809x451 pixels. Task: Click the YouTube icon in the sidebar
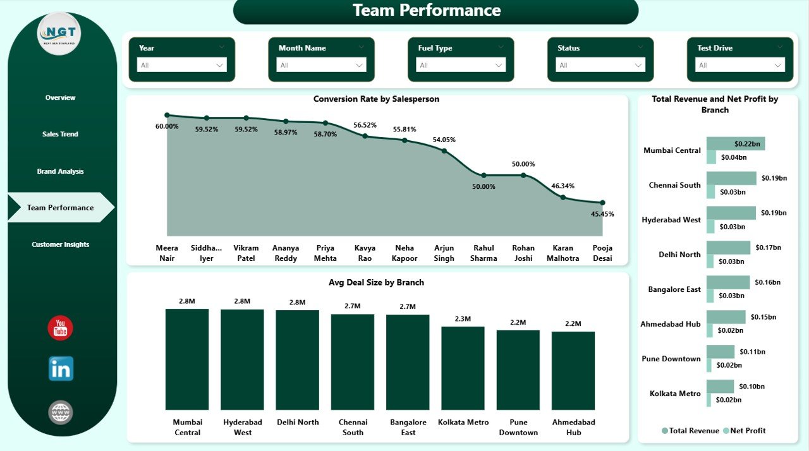point(61,328)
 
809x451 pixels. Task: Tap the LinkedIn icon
point(61,369)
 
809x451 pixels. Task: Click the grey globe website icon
point(61,413)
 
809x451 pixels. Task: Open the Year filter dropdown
point(181,65)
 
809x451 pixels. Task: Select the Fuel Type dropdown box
point(461,65)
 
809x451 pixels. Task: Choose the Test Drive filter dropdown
point(739,65)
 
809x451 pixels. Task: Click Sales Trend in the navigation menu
point(60,134)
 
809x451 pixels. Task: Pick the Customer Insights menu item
point(61,244)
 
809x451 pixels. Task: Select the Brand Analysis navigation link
point(60,171)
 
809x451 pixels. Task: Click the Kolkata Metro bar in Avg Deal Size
point(463,368)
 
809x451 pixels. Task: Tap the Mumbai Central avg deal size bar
point(187,359)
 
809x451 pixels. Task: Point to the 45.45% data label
point(602,214)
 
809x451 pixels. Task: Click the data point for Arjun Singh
point(444,151)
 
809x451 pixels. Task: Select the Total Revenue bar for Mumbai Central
point(735,144)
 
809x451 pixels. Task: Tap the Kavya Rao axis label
point(365,253)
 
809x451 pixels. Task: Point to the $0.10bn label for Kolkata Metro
point(751,387)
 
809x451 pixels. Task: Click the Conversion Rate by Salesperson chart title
point(376,99)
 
